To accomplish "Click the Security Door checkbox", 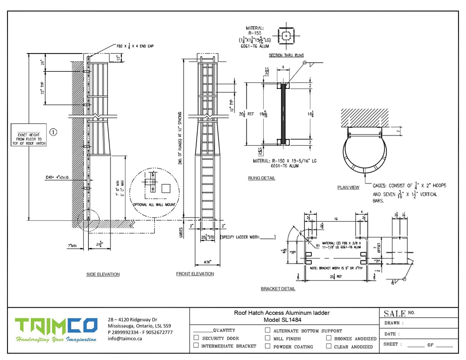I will click(x=196, y=338).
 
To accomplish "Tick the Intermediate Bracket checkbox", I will click(x=196, y=346).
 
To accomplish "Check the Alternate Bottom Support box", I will click(x=267, y=330).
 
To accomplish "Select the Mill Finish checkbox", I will click(x=267, y=338).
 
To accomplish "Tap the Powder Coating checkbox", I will click(x=267, y=346).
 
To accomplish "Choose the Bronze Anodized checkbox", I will click(x=329, y=338).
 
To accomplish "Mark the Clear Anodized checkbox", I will click(x=329, y=346).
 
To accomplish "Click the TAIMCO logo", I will click(x=55, y=330).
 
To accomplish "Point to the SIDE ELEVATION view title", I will click(x=103, y=274).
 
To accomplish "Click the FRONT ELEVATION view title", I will click(x=195, y=274).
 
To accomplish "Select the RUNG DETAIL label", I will click(x=261, y=178).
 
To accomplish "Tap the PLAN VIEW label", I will click(x=348, y=188).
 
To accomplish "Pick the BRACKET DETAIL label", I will click(x=278, y=289).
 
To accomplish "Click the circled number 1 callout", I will click(x=53, y=132).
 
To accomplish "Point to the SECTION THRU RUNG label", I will click(x=287, y=55).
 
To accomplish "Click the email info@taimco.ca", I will click(x=125, y=339).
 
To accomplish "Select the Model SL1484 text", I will click(x=284, y=319).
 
